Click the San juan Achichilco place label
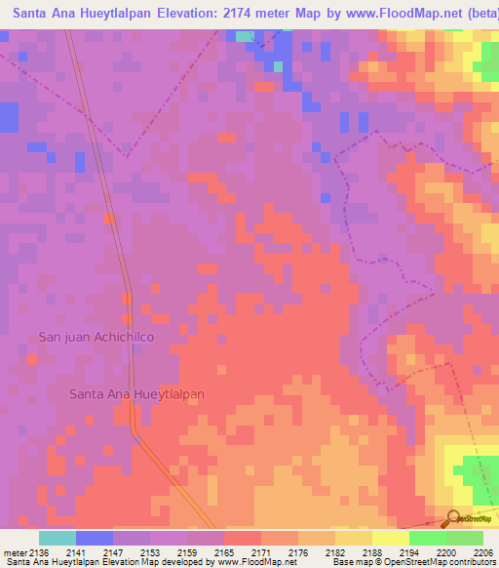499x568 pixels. (96, 337)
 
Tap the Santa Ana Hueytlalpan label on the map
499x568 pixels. (136, 393)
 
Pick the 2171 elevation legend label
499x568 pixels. (260, 552)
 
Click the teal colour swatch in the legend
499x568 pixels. (58, 538)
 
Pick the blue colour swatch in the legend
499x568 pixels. (95, 538)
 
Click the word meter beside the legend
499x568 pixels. (14, 552)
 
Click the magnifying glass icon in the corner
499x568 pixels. (454, 518)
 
